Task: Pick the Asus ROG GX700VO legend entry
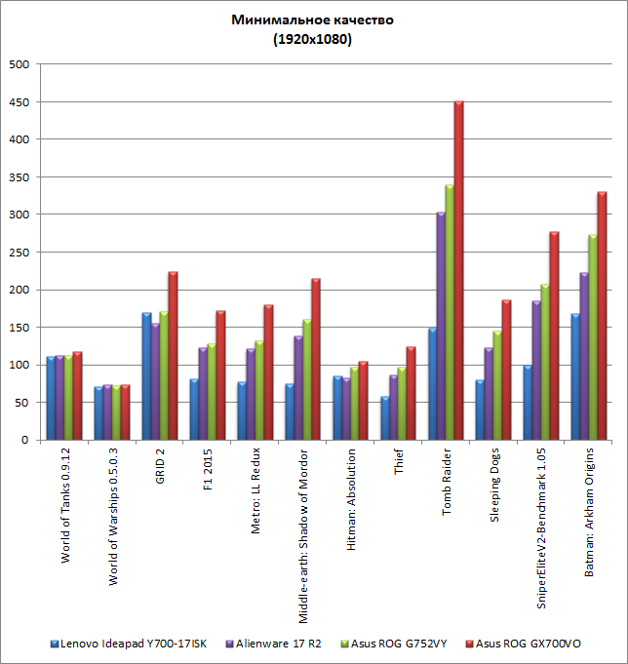[x=531, y=644]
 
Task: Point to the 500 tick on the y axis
[x=20, y=64]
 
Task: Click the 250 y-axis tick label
[x=20, y=253]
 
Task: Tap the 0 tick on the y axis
[x=26, y=441]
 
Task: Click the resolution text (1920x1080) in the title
[x=313, y=40]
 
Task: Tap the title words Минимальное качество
[x=313, y=20]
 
